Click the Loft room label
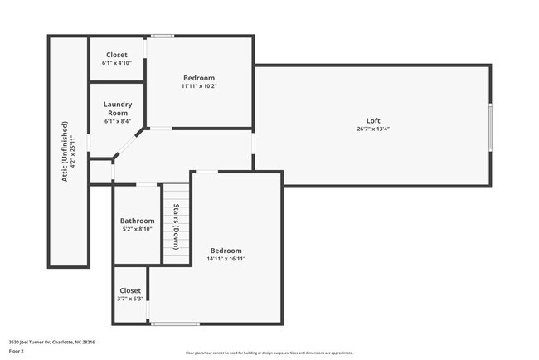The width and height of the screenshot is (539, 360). coord(373,120)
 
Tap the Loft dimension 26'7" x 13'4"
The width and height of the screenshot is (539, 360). coord(373,129)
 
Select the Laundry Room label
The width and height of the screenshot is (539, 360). coord(117,108)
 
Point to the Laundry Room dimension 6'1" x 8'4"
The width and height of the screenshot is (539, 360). coord(117,122)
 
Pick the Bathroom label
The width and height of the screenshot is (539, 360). coord(137,221)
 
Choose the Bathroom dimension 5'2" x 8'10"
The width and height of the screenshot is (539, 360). coord(137,230)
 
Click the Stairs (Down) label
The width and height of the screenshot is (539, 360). coord(176,226)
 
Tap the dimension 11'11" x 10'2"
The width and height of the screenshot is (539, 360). coord(199,86)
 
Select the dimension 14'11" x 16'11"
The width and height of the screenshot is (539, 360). coord(226,259)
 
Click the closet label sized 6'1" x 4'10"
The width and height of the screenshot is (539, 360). coord(117,55)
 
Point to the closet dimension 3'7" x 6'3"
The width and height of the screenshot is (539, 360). coord(130,299)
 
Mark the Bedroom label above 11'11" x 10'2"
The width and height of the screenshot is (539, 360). coord(199,77)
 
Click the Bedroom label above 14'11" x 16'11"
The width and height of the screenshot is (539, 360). coord(226,250)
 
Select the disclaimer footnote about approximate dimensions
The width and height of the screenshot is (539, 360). coord(269,353)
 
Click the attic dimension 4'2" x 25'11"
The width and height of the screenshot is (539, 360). coord(74,146)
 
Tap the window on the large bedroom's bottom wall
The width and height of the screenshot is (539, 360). coord(174,324)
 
